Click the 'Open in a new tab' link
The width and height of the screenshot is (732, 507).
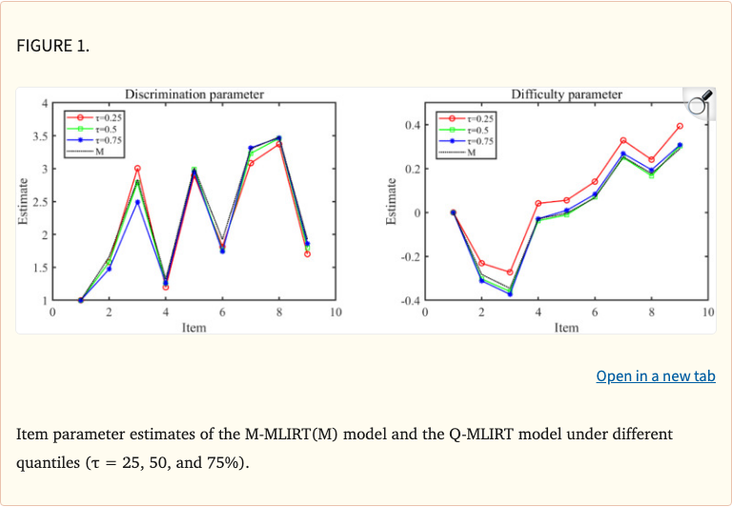[655, 376]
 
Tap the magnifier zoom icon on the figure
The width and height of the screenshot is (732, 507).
[699, 102]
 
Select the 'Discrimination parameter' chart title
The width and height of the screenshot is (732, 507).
[194, 93]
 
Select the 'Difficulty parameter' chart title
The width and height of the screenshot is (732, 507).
[566, 93]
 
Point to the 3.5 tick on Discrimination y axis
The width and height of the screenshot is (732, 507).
[39, 136]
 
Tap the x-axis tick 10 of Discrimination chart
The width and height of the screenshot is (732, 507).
[335, 312]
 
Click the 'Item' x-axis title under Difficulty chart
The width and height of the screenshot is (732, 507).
[566, 327]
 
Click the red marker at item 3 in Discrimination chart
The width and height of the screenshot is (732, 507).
[137, 169]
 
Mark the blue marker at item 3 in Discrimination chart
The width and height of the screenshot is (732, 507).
[137, 202]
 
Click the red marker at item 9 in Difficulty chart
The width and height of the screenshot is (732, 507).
[680, 126]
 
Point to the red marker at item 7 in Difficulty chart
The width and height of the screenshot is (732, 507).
[623, 141]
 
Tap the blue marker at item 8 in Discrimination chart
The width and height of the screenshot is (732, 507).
[279, 138]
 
